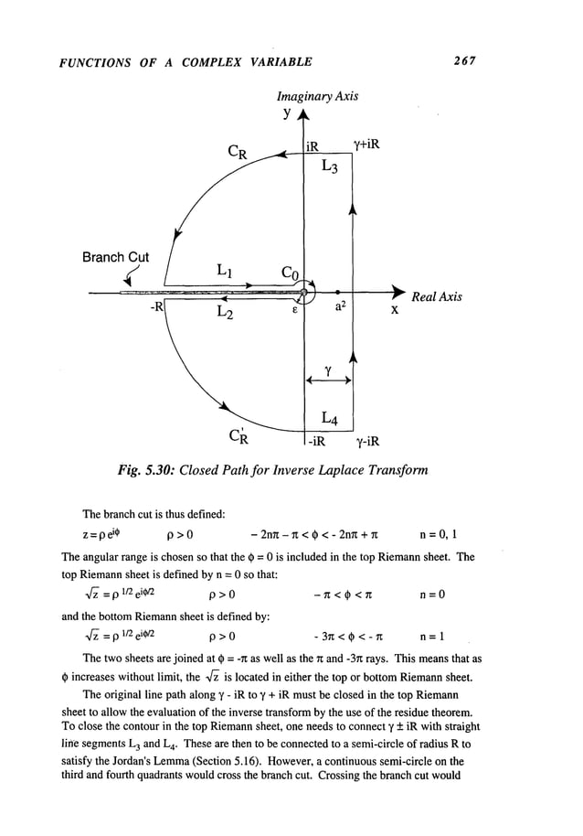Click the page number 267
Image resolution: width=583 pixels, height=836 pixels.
[x=466, y=61]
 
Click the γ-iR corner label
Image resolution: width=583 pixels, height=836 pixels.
[x=367, y=442]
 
